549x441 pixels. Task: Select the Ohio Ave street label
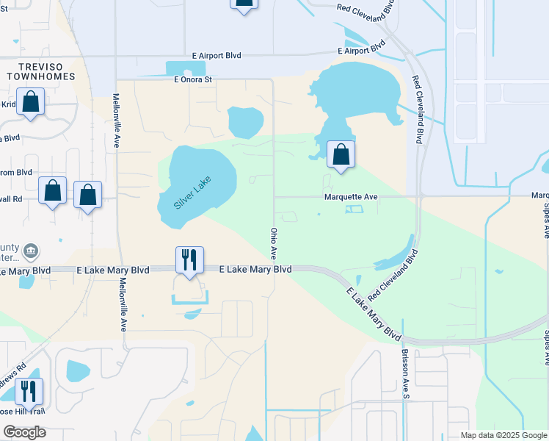point(273,243)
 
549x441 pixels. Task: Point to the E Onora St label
point(192,79)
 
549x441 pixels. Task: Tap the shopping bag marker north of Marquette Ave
point(341,154)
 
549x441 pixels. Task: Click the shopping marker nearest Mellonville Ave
point(87,195)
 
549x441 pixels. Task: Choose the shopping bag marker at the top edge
point(244,4)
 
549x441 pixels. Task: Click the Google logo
point(24,432)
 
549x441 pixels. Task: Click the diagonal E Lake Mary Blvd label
point(374,315)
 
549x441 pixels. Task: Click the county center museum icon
point(31,251)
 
